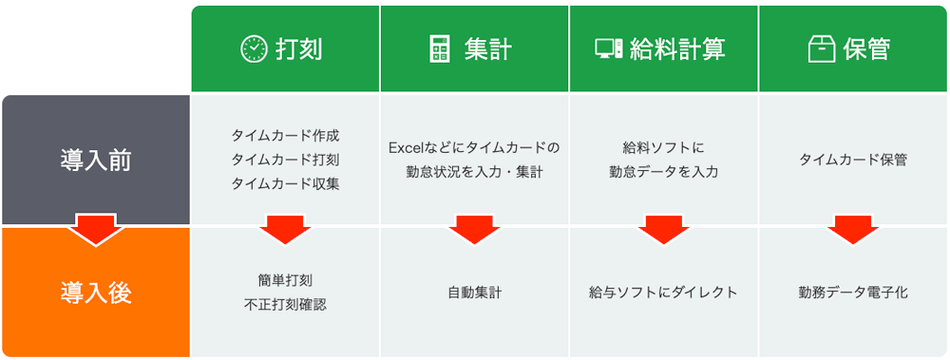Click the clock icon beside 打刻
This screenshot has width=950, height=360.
(254, 49)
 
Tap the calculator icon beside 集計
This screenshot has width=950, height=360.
(439, 49)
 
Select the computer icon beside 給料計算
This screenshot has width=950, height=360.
(609, 49)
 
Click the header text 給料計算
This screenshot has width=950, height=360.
(672, 49)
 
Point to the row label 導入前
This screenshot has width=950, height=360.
(95, 160)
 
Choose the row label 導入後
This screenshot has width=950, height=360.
(95, 292)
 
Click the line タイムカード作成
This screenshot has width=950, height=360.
(285, 135)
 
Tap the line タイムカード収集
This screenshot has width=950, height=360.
(285, 184)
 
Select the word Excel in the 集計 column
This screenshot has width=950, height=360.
(408, 147)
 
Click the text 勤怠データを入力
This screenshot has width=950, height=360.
(664, 172)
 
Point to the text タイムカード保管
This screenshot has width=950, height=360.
(853, 160)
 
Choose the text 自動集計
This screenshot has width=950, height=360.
(474, 292)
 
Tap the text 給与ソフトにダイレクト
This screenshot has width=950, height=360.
(663, 292)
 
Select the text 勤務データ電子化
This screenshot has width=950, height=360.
(853, 292)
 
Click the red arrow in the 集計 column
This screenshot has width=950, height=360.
(474, 229)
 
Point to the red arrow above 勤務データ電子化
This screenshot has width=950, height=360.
(853, 229)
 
